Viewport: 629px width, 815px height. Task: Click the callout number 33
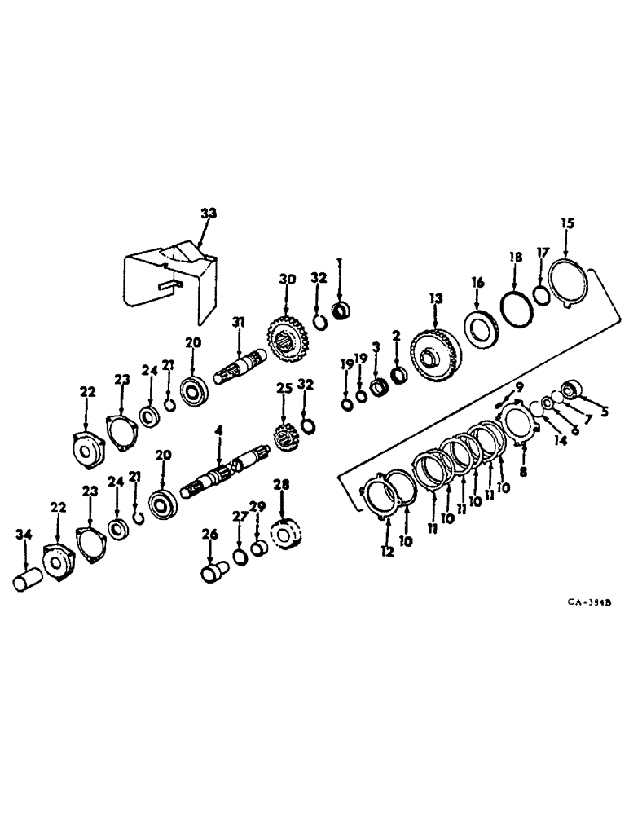[x=209, y=214]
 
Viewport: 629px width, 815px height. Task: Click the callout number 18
[x=515, y=257]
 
